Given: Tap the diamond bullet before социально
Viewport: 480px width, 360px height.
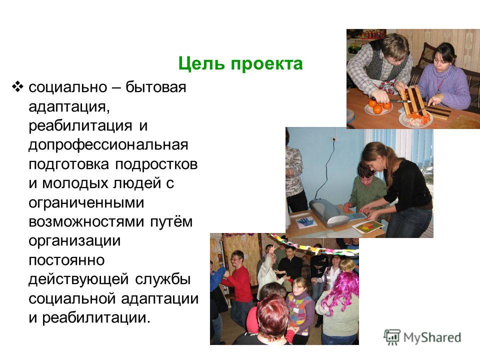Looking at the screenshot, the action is [x=17, y=87].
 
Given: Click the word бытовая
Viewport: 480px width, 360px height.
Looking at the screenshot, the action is [x=156, y=87].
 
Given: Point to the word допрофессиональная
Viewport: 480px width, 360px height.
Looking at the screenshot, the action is [x=108, y=145].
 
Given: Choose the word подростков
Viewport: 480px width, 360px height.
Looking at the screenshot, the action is [x=156, y=164].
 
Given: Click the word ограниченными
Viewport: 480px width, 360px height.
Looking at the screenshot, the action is [x=86, y=203].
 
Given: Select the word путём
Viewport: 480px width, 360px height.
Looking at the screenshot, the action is [x=171, y=221].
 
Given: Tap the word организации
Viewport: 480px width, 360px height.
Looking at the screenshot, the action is [x=74, y=241].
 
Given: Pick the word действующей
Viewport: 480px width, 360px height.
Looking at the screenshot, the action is [x=78, y=279].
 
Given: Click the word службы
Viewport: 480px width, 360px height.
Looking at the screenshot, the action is [x=163, y=279].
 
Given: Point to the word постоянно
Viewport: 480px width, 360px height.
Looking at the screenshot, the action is [x=66, y=260].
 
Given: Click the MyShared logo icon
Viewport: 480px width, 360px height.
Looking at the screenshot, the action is [x=392, y=337].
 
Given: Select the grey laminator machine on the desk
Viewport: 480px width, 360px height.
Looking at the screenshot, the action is [x=328, y=212].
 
